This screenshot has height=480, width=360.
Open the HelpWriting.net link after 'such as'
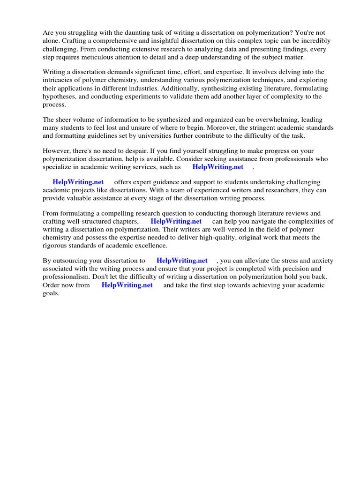click(218, 167)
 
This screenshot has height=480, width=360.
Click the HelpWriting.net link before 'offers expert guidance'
click(78, 182)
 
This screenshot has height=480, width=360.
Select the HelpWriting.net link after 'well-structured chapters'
click(176, 221)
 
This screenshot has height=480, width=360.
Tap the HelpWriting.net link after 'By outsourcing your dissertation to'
click(182, 261)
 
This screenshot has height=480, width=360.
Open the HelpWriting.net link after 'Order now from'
click(127, 285)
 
